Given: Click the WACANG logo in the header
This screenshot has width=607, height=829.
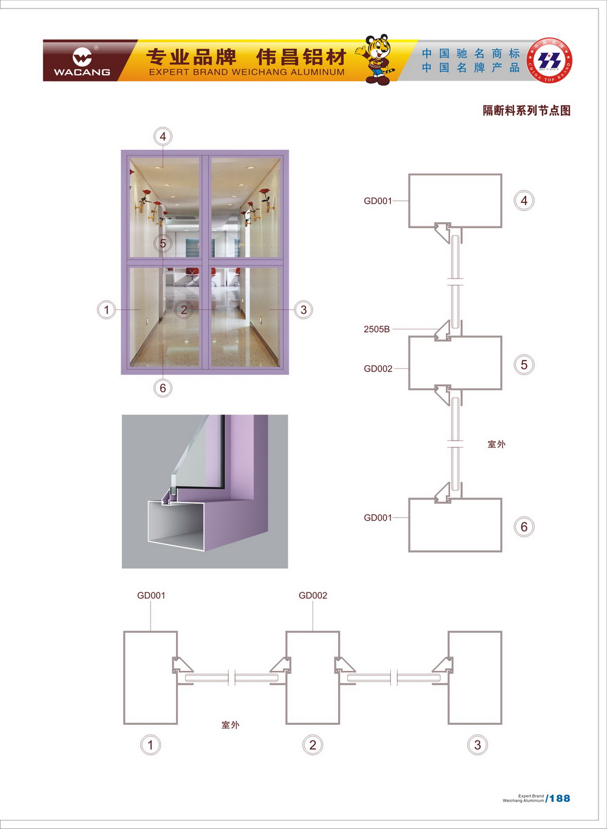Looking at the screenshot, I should pos(82,61).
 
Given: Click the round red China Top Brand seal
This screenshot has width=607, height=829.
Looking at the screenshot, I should pos(550,61).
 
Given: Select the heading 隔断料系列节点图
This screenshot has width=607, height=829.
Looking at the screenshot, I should pos(526,110).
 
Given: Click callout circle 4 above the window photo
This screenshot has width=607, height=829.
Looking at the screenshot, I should pos(163,137).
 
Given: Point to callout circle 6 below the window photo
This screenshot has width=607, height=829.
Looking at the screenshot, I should pos(163,388).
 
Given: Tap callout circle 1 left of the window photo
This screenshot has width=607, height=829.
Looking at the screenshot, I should pos(107,310).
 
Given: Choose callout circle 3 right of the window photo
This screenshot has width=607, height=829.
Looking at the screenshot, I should pos(303,310).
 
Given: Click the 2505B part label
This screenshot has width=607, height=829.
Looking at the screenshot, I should pos(377,330).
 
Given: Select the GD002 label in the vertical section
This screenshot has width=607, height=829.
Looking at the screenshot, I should pos(378,369).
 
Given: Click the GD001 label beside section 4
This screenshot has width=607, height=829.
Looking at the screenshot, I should pos(378,201).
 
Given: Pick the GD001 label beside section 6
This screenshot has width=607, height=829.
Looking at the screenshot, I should pos(378,518).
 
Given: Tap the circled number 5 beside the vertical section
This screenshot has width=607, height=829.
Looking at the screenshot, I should pos(524,365).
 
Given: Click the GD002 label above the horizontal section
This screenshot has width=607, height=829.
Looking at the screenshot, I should pos(313,595).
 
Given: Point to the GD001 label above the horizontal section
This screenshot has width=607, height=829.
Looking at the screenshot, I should pos(151,595).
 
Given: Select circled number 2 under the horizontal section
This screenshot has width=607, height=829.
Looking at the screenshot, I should pos(313,745).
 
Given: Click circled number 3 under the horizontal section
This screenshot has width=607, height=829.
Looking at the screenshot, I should pos(478,745).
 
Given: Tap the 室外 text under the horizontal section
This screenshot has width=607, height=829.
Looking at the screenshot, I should pos(231,725).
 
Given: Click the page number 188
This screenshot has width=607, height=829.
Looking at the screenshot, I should pos(560,799).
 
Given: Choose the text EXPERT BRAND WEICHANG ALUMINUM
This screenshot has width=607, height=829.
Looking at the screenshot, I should pos(246,72).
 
